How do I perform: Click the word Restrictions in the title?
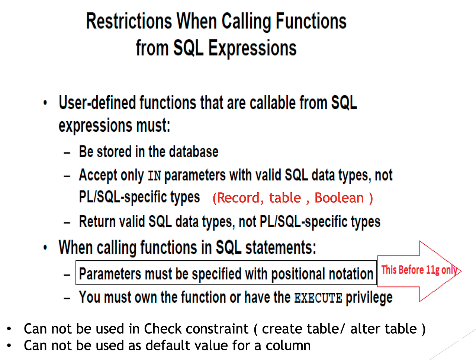[129, 21]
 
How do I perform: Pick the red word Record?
[238, 198]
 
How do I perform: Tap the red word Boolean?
[339, 198]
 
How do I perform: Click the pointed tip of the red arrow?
[460, 271]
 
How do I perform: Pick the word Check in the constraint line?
[163, 329]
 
